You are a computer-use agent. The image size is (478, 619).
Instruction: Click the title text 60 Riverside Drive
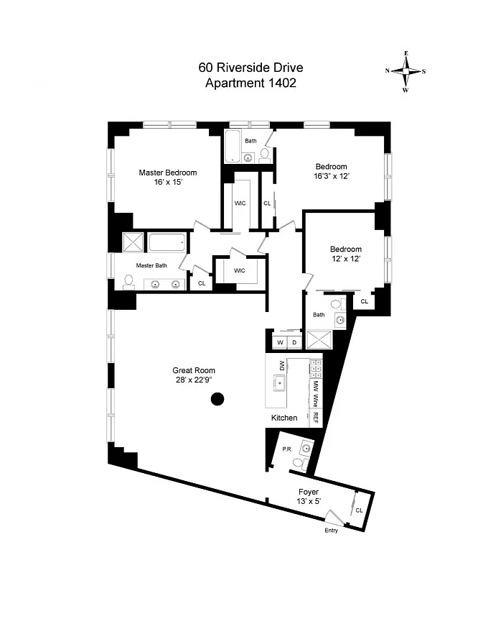pos(250,68)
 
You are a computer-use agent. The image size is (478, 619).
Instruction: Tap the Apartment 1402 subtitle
pos(250,83)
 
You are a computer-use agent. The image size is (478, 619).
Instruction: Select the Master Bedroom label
pos(167,173)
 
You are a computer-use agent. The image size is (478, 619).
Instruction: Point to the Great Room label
pos(194,370)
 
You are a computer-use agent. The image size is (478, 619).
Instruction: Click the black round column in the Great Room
pos(217,399)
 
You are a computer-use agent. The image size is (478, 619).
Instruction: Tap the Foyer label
pos(309,492)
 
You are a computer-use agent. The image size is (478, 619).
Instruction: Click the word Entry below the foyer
pos(330,531)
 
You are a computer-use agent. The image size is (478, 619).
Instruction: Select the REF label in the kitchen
pos(315,418)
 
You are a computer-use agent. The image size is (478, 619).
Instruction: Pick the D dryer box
pos(294,341)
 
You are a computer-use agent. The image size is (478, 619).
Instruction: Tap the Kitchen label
pos(284,418)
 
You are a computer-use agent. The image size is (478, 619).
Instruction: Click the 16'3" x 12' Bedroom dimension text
pos(331,176)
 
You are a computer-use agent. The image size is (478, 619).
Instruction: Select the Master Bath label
pos(151,265)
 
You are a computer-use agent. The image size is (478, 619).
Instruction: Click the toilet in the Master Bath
pos(129,281)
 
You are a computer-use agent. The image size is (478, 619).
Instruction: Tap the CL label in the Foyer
pos(359,510)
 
